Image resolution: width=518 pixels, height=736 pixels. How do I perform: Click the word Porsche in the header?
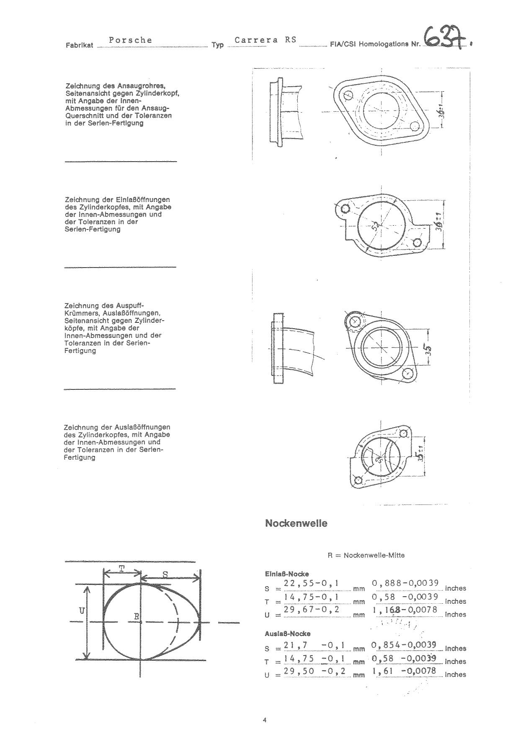click(130, 40)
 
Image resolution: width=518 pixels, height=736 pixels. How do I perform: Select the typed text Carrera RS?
click(265, 40)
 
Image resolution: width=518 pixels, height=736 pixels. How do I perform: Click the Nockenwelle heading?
click(296, 523)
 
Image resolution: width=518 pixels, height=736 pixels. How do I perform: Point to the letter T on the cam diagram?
click(121, 568)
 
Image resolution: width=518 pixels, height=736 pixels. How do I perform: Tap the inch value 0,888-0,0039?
click(405, 583)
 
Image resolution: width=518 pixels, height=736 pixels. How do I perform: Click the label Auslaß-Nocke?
click(288, 633)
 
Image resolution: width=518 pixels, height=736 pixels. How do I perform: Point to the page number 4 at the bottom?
click(264, 720)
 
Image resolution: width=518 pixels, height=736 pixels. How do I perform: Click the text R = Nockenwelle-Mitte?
click(366, 555)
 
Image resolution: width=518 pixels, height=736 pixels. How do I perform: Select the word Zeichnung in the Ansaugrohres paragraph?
click(82, 86)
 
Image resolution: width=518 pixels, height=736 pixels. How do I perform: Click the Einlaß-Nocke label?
click(286, 574)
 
